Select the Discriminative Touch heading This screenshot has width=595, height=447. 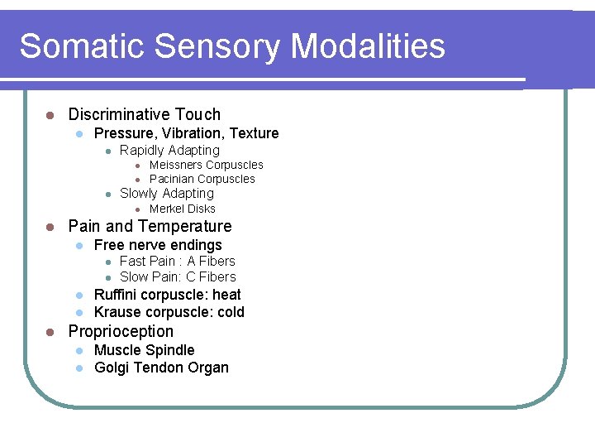144,114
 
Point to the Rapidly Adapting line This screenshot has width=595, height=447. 169,151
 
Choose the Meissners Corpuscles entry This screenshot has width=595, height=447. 206,165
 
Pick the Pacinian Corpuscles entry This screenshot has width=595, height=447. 202,179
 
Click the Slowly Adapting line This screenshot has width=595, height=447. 166,194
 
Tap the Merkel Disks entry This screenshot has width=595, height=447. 182,209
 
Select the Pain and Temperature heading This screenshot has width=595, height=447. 150,226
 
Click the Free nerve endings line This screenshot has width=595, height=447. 158,245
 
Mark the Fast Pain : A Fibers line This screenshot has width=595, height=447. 177,261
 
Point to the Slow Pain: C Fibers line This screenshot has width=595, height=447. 178,276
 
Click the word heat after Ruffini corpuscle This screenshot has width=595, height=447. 226,295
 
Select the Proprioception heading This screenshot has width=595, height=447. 121,331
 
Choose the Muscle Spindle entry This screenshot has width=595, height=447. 145,350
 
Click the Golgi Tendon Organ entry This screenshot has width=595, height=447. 161,368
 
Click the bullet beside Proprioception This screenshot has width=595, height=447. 50,332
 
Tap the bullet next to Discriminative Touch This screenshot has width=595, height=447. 50,115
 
